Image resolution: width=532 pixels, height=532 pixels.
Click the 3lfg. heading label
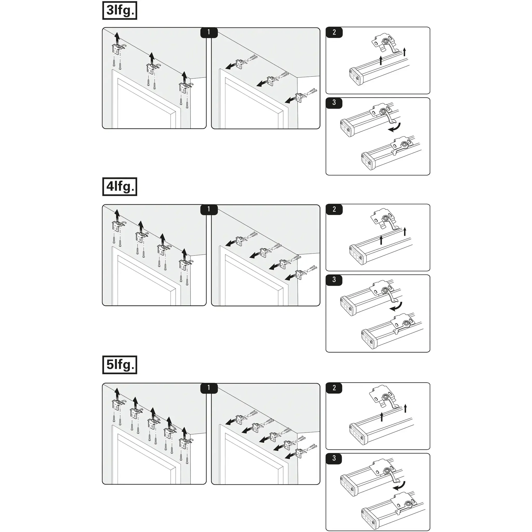point(119,10)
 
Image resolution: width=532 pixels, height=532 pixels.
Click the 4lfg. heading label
point(119,187)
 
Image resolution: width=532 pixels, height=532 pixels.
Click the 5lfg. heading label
point(119,365)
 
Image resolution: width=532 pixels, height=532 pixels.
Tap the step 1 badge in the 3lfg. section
point(209,32)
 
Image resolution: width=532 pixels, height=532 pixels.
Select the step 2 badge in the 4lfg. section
point(334,209)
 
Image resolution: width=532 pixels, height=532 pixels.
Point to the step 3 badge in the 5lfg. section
point(334,458)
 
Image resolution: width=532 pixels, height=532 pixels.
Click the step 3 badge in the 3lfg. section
point(334,102)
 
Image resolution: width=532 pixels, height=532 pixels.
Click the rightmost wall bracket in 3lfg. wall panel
point(301,97)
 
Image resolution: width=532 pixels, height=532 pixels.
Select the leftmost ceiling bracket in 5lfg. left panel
point(119,404)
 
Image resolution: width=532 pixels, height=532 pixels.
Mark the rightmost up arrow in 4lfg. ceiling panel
point(184,254)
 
